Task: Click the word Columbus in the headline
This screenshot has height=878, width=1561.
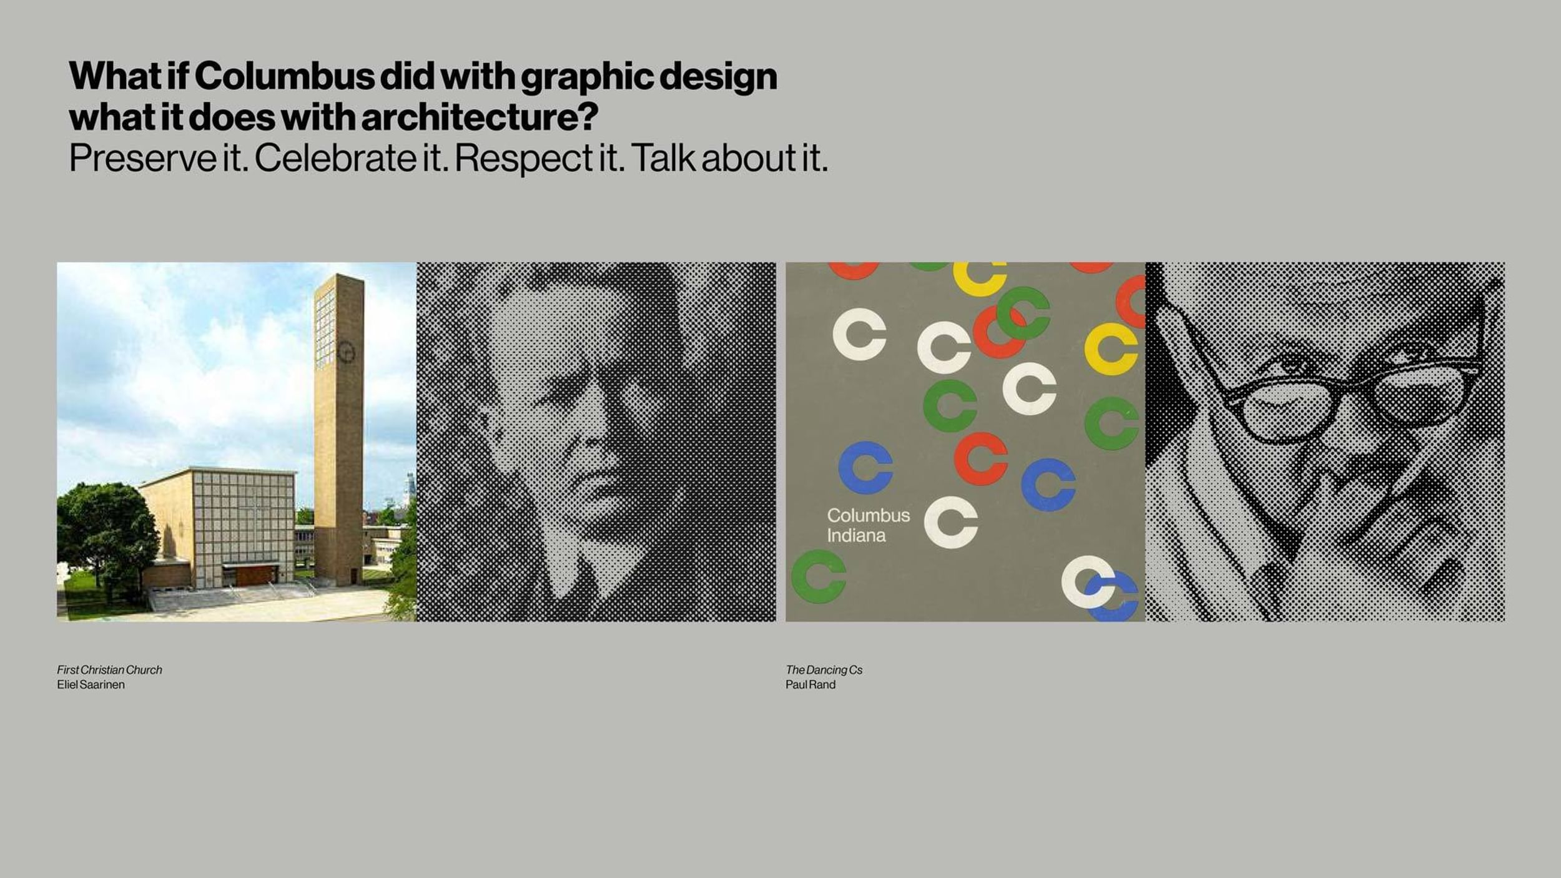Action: [x=284, y=76]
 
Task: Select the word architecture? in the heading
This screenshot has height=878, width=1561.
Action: [x=480, y=117]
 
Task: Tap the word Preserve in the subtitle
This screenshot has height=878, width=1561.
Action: [x=142, y=158]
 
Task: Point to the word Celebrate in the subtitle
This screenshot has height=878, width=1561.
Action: [x=335, y=158]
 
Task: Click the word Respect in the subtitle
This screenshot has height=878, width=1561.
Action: [x=523, y=159]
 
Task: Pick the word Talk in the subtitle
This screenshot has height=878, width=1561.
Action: [x=663, y=158]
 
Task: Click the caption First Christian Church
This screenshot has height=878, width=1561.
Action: [x=109, y=670]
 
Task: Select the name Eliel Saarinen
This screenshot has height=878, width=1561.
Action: [x=91, y=685]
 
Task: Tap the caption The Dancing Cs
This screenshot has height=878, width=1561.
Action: [x=824, y=670]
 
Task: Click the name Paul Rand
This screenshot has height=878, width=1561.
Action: [x=810, y=685]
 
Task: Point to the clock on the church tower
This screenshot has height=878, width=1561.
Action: [x=347, y=353]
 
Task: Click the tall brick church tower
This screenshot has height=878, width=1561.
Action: [x=338, y=431]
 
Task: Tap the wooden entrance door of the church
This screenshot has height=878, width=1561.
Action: [x=256, y=575]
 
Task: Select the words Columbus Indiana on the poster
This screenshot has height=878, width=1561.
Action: [x=868, y=525]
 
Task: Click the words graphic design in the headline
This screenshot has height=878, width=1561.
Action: [x=649, y=77]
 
